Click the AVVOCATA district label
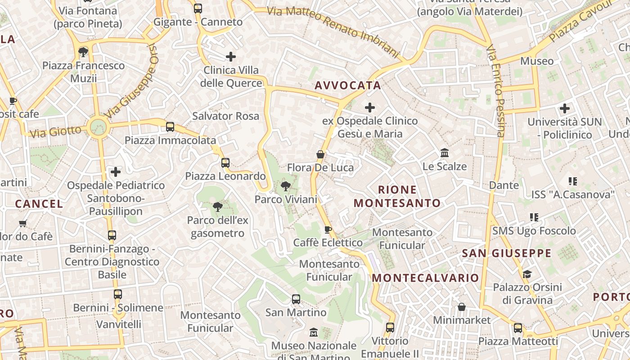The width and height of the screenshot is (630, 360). (347, 85)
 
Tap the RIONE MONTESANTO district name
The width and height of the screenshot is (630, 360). (397, 196)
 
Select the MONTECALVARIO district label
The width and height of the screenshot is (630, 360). (425, 278)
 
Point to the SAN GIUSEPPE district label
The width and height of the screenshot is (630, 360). (507, 253)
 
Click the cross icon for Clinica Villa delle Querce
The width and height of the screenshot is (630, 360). (231, 57)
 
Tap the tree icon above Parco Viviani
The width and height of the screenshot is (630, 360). (285, 186)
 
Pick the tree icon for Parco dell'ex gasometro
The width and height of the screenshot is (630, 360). (218, 207)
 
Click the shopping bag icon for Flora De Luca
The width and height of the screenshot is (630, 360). (320, 154)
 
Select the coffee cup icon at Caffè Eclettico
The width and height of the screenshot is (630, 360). (328, 230)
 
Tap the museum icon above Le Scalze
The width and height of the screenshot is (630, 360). (445, 153)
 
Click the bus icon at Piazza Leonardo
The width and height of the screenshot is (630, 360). (225, 163)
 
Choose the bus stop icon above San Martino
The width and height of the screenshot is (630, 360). (296, 299)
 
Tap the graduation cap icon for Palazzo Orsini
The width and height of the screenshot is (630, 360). (527, 274)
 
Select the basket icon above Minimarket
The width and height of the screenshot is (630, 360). (462, 307)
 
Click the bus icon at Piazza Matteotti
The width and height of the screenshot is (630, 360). (518, 328)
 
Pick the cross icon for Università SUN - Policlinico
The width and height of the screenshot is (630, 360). (565, 108)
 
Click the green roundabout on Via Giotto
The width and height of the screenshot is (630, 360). (98, 127)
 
